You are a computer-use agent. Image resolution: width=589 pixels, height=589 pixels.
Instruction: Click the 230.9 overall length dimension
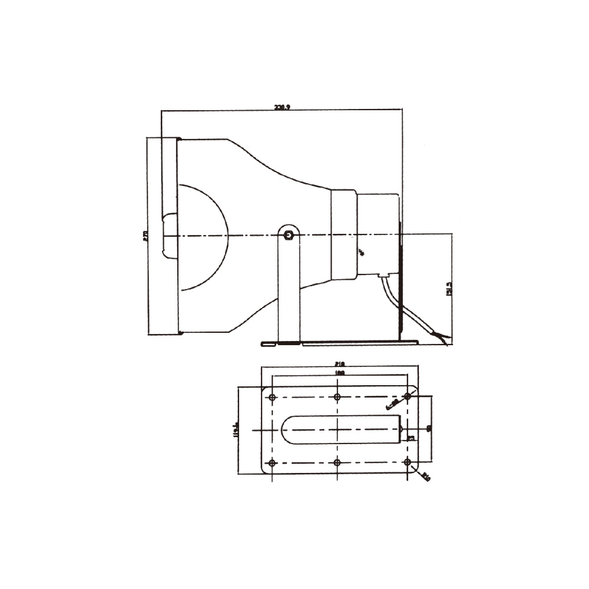(x=282, y=107)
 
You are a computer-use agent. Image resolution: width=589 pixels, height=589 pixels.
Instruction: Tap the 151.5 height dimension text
(x=449, y=288)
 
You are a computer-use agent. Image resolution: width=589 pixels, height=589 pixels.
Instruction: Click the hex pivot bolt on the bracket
(x=288, y=236)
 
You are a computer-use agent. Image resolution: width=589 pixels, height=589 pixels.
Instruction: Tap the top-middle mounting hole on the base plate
(x=337, y=397)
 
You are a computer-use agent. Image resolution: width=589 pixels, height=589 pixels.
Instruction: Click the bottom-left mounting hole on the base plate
(x=272, y=463)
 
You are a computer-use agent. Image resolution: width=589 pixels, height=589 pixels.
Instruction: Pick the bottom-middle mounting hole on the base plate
(x=337, y=463)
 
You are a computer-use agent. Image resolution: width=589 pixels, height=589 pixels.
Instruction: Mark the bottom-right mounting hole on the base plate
(x=407, y=463)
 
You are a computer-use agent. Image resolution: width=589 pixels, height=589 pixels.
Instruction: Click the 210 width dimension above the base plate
(x=339, y=364)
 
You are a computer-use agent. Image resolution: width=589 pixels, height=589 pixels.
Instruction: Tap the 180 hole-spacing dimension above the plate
(x=339, y=373)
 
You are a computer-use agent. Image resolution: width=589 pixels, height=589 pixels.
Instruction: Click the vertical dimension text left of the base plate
(x=235, y=430)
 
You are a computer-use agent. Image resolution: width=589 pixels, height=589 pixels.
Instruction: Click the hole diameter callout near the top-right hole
(x=392, y=403)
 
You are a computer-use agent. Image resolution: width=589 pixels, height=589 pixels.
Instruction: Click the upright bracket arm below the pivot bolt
(x=288, y=289)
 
